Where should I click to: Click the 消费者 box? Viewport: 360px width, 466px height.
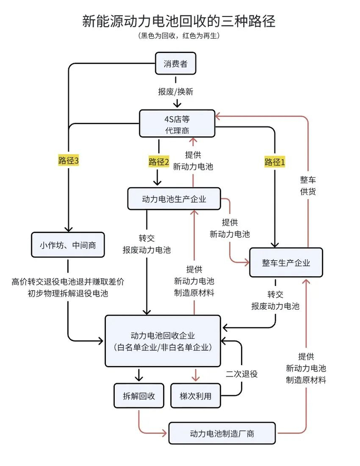pyautogui.click(x=176, y=64)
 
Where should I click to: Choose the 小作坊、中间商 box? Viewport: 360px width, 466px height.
pyautogui.click(x=67, y=245)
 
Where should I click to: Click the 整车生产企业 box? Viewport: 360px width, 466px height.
pyautogui.click(x=286, y=263)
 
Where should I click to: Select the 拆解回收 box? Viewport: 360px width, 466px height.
pyautogui.click(x=138, y=396)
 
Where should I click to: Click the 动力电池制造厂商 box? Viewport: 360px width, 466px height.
pyautogui.click(x=222, y=434)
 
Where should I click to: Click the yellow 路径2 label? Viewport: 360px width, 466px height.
pyautogui.click(x=158, y=162)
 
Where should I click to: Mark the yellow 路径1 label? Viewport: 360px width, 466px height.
pyautogui.click(x=275, y=162)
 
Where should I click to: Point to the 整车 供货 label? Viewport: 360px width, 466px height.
pyautogui.click(x=308, y=186)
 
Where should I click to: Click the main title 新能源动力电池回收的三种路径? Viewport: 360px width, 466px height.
pyautogui.click(x=179, y=21)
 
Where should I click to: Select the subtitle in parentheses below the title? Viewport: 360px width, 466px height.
pyautogui.click(x=179, y=36)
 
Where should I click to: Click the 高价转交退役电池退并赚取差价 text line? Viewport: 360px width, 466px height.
pyautogui.click(x=68, y=282)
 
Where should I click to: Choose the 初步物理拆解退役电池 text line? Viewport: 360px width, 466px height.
pyautogui.click(x=68, y=294)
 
